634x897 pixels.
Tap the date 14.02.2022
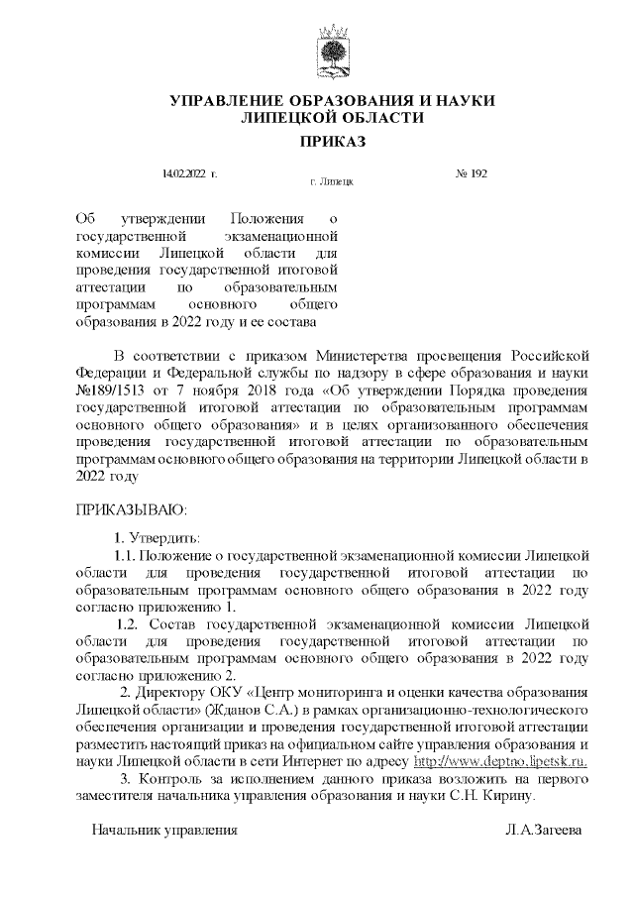click(187, 174)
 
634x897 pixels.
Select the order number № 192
click(472, 174)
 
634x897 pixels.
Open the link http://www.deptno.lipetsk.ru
click(500, 760)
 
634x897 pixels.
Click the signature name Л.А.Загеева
click(542, 828)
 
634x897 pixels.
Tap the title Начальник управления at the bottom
click(164, 828)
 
